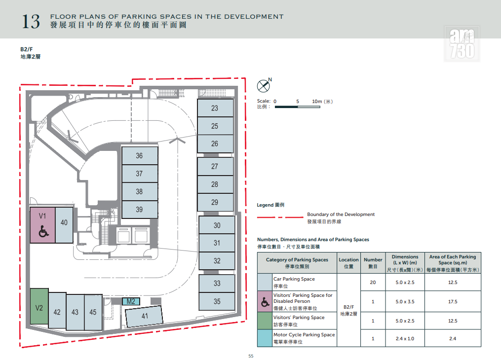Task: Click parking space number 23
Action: coord(215,108)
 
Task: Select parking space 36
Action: coord(140,155)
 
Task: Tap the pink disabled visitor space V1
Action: coord(42,225)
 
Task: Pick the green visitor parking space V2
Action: coord(39,308)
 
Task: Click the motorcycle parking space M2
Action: coord(131,301)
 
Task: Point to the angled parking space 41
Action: coord(144,316)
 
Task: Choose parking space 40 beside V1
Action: coord(64,225)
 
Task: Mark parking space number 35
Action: coord(217,301)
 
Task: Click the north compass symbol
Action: coord(264,85)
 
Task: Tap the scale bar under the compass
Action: coord(298,107)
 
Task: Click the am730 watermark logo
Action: coord(462,44)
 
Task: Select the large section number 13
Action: coord(31,21)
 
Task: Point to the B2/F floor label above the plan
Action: coord(27,49)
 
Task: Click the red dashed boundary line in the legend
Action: coord(280,217)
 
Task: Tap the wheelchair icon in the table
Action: coord(265,302)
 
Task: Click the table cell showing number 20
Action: coord(373,282)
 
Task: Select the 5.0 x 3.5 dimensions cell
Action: coord(405,302)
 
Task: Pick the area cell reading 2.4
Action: coord(453,339)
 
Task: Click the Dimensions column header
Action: coord(405,263)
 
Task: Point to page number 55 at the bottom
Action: coord(251,356)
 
